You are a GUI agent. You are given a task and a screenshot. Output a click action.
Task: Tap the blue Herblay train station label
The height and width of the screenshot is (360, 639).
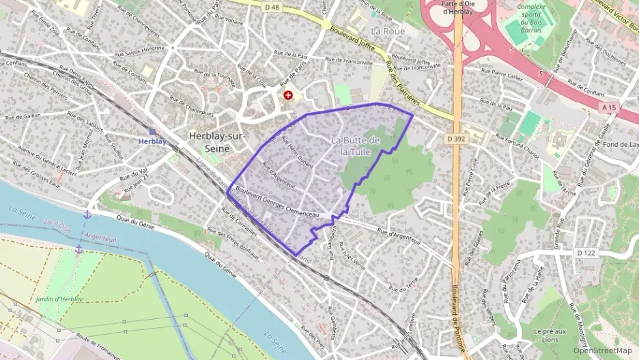click(152, 141)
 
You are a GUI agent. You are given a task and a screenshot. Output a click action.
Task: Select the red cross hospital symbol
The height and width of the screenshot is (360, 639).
click(288, 96)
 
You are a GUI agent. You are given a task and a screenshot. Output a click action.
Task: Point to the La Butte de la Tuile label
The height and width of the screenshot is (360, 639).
click(355, 146)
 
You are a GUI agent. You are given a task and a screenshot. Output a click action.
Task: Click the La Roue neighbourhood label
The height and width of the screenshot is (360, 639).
click(388, 31)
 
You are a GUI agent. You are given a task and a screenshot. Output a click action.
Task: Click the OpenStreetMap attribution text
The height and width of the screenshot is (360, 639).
click(602, 350)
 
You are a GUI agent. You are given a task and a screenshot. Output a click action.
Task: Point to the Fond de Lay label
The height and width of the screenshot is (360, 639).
click(621, 144)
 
